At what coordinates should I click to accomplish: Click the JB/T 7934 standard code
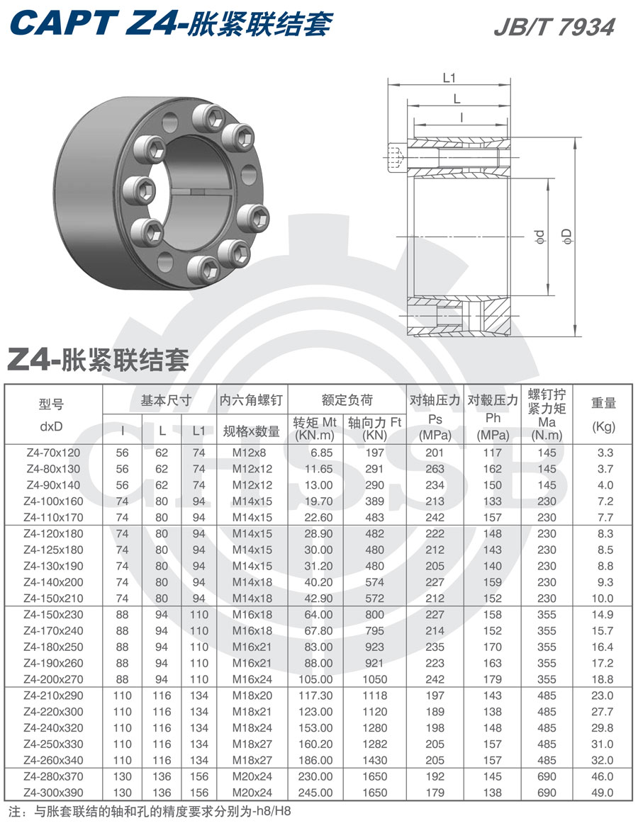554,27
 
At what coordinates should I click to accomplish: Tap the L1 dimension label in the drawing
448,78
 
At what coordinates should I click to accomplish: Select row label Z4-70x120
53,453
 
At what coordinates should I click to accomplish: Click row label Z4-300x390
53,793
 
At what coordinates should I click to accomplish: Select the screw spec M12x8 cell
252,453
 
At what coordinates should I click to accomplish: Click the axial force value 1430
374,760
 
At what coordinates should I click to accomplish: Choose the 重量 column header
603,403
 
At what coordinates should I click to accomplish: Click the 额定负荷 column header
347,400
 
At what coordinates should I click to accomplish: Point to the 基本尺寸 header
167,400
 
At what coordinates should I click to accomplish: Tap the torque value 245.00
315,793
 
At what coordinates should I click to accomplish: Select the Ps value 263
435,469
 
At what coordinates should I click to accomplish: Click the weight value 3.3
605,453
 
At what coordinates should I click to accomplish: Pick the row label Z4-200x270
53,679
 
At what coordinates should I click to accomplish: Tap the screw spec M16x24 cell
252,679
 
